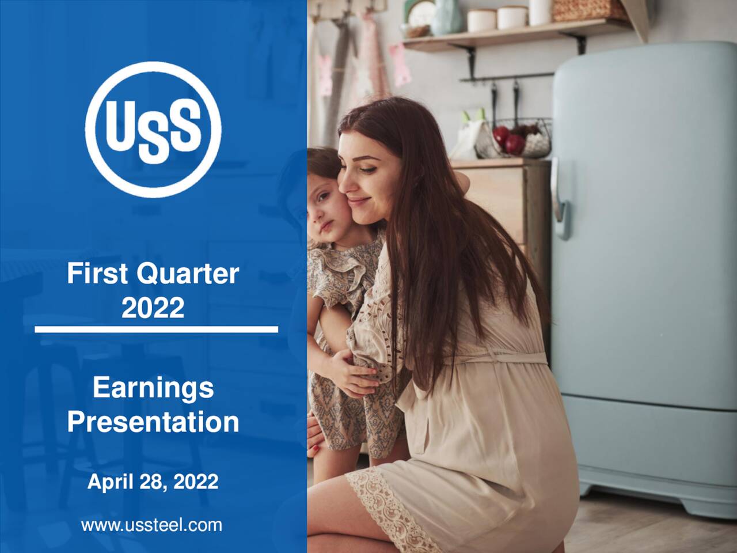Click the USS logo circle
click(x=153, y=129)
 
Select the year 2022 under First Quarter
click(x=153, y=308)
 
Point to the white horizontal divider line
click(x=156, y=329)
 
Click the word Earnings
click(x=153, y=388)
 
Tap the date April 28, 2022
click(x=153, y=481)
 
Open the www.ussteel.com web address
click(x=151, y=525)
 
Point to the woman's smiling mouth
click(x=357, y=202)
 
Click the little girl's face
click(x=322, y=207)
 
